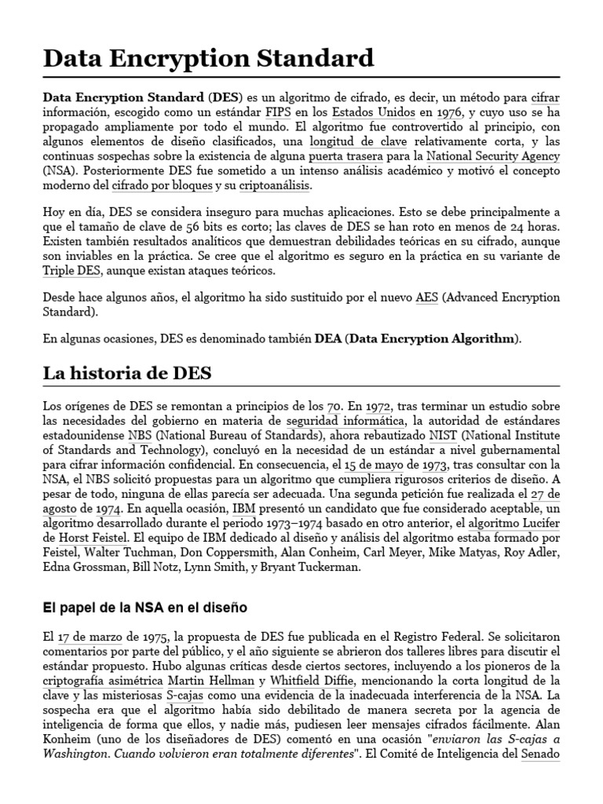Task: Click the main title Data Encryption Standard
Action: [208, 57]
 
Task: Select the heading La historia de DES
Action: [126, 372]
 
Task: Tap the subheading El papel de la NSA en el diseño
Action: [144, 607]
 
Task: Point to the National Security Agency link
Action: [493, 156]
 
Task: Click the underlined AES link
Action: [426, 298]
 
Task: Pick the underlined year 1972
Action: [378, 406]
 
